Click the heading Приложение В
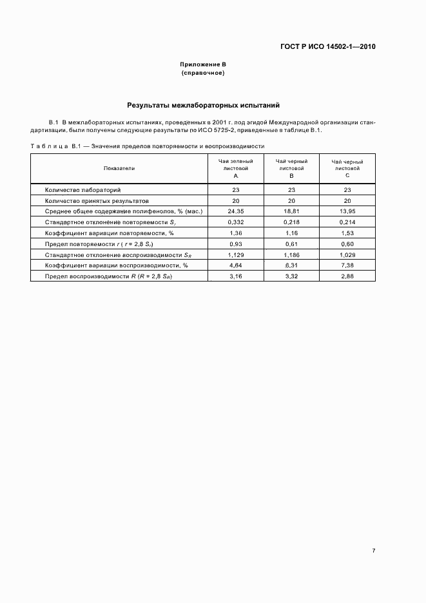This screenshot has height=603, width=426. click(203, 65)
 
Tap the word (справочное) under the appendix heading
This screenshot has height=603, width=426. click(203, 73)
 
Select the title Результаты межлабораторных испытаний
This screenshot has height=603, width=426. click(203, 104)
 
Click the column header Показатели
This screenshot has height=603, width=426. click(119, 167)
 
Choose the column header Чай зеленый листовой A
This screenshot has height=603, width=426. click(236, 167)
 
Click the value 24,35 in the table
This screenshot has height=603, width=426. click(236, 211)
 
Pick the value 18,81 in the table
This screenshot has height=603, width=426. click(291, 211)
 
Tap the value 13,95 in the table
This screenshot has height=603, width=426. click(347, 211)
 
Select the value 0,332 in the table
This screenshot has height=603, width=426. click(236, 222)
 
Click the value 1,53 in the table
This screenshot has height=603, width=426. click(347, 233)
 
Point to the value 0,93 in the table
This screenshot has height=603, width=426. click(236, 244)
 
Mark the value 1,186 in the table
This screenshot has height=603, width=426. click(291, 254)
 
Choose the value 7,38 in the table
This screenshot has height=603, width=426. click(347, 265)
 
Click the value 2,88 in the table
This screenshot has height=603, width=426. click(347, 276)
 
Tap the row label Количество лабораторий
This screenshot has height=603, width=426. click(82, 190)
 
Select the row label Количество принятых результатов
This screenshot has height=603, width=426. click(97, 200)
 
